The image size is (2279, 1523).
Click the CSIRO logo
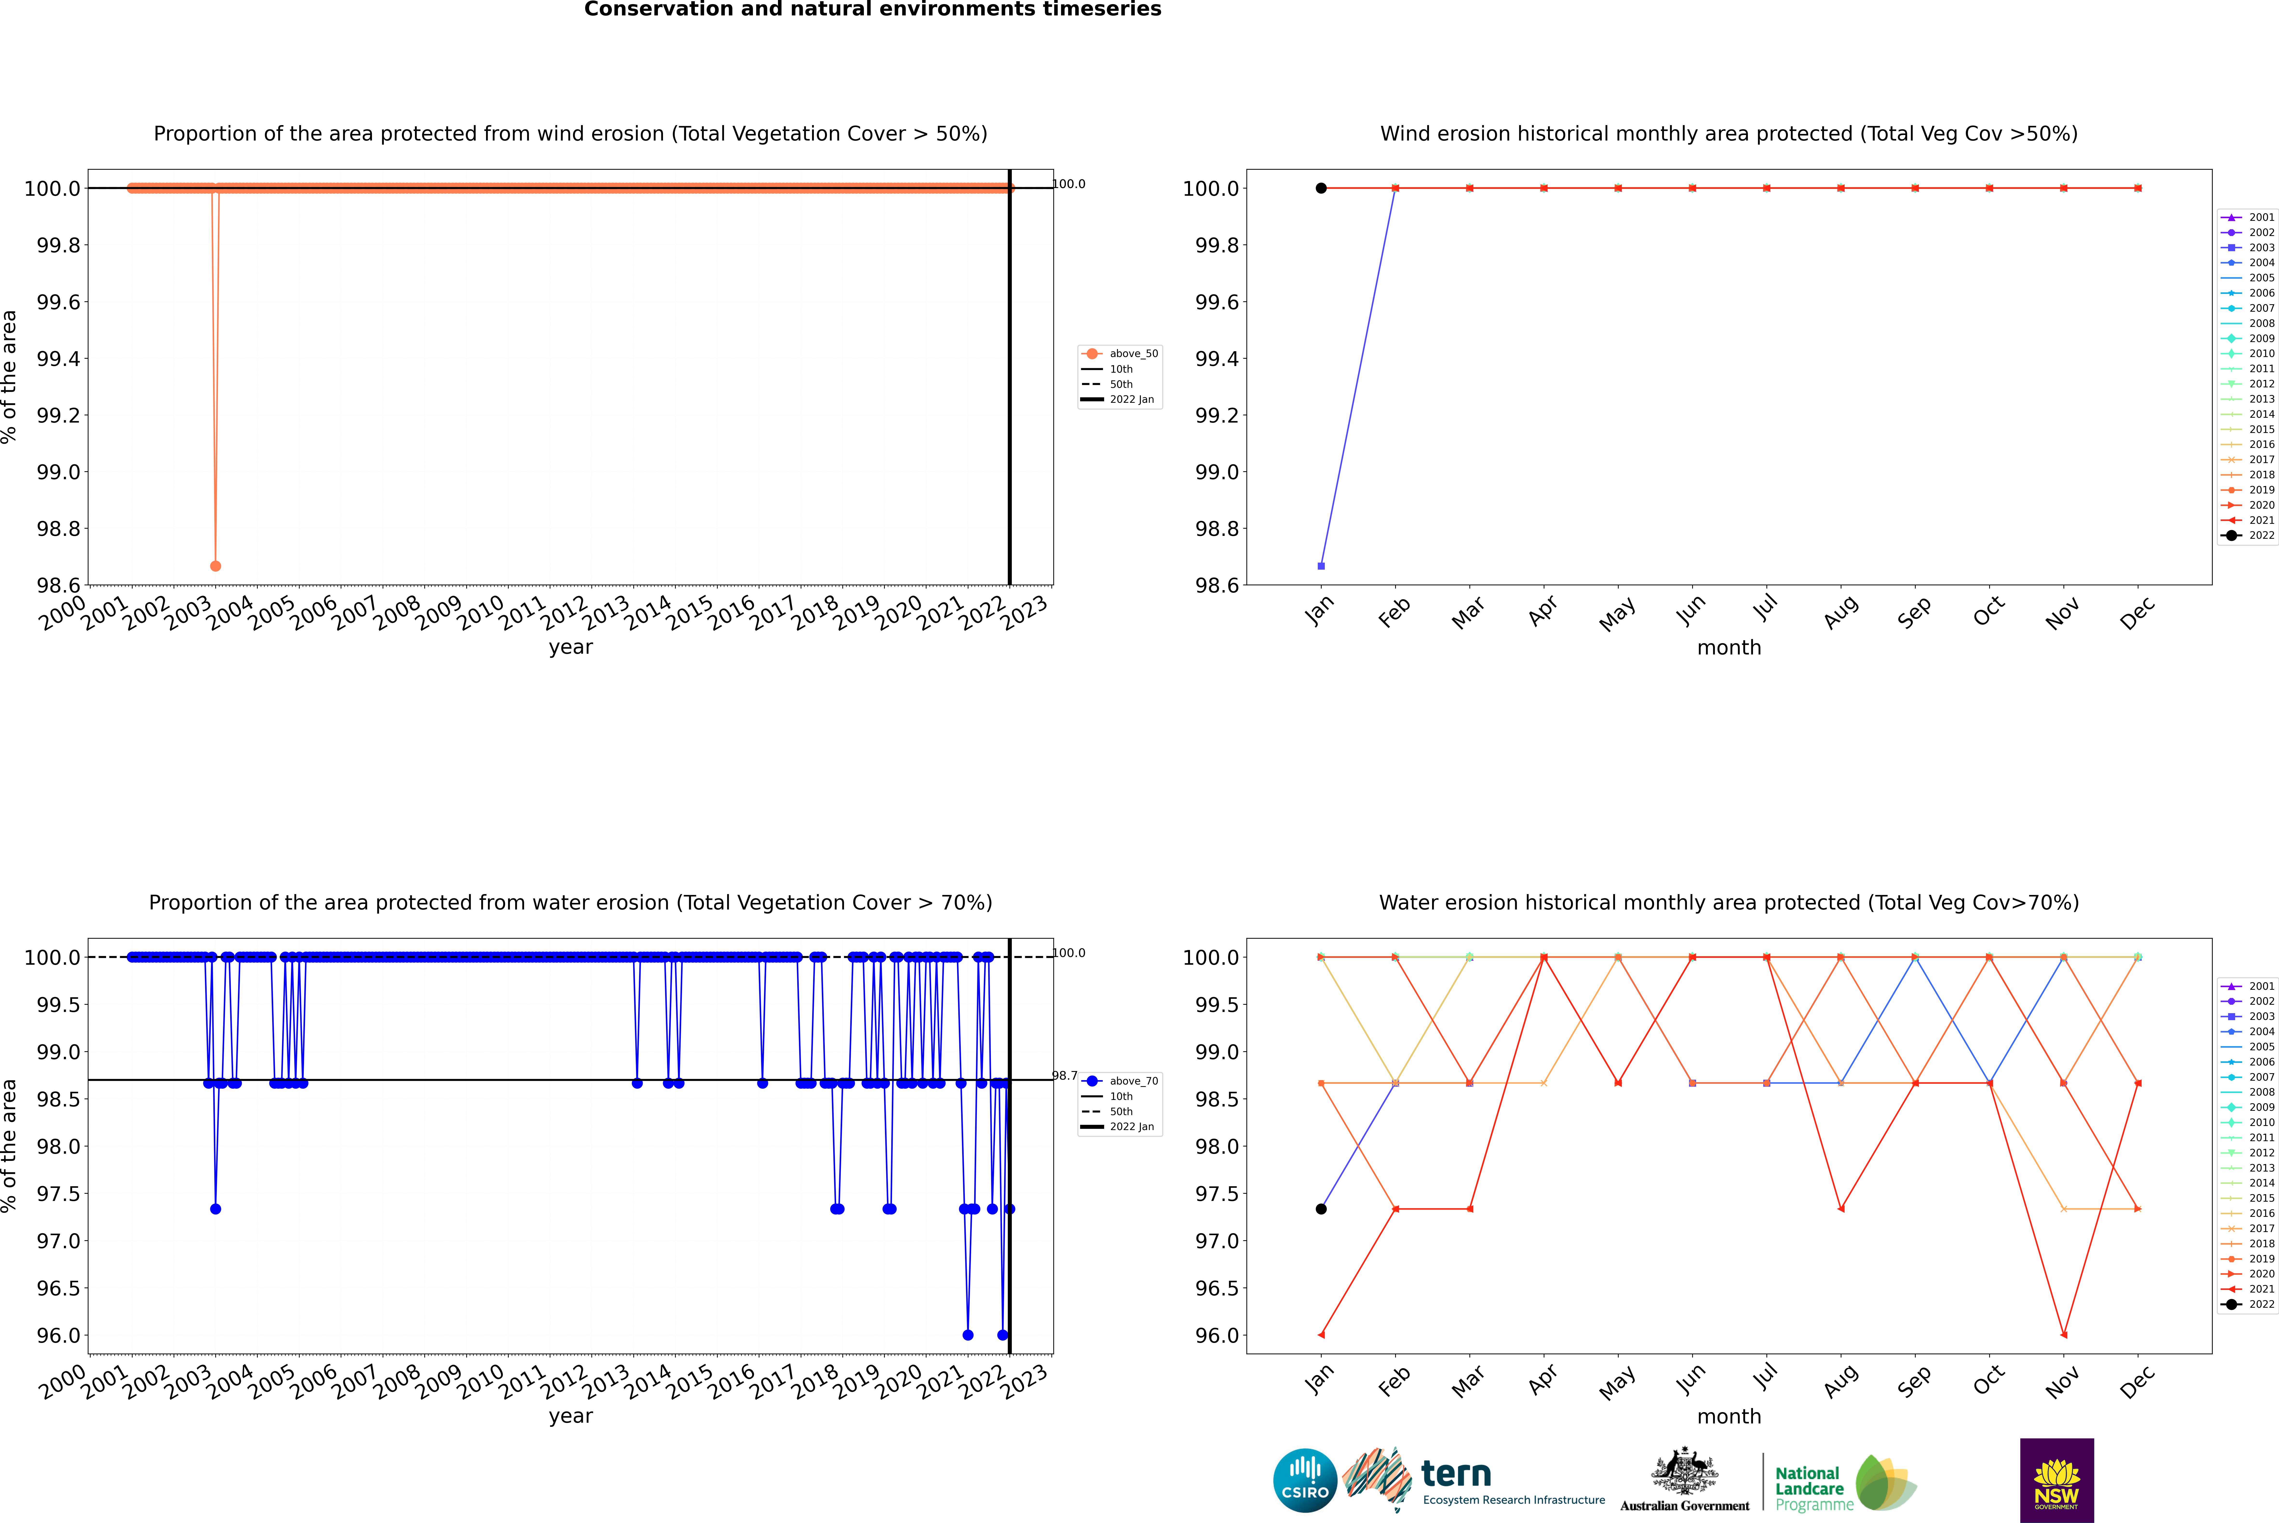[1305, 1480]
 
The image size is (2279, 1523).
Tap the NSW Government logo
[2056, 1480]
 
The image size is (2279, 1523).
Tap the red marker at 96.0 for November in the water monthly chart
[2063, 1334]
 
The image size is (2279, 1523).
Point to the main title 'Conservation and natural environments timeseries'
[872, 10]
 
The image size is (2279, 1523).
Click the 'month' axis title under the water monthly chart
[1729, 1416]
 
